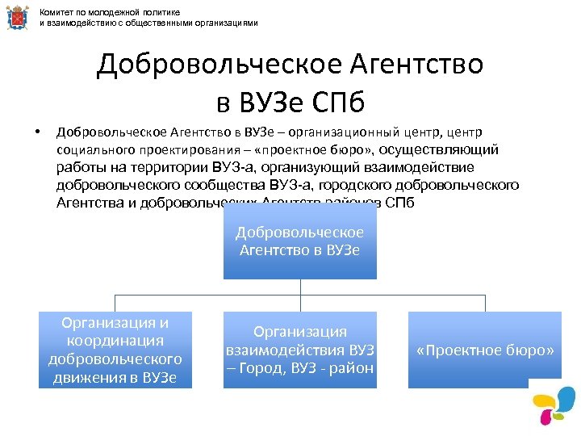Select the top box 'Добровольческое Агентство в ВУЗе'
[x=299, y=241]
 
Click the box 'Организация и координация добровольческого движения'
[x=115, y=350]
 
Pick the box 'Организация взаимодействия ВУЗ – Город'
[x=299, y=350]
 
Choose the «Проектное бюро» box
[x=485, y=350]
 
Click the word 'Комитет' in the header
[x=56, y=12]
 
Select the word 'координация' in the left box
[x=115, y=341]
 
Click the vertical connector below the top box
[x=299, y=287]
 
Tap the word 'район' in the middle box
[x=352, y=369]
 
